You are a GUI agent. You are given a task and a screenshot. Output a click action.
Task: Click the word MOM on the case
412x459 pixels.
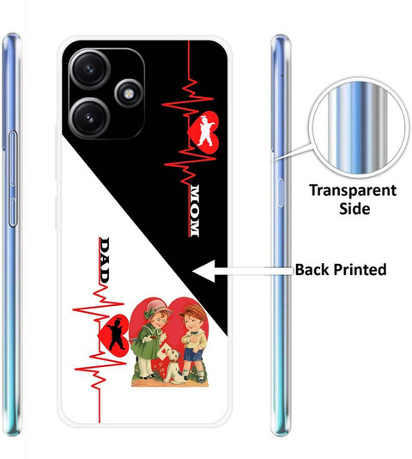tap(194, 211)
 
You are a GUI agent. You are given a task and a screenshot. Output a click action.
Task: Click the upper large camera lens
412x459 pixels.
tap(90, 70)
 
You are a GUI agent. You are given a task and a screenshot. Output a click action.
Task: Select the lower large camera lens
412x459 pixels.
tap(90, 118)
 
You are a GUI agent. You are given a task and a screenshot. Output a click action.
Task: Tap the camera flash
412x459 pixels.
tap(128, 94)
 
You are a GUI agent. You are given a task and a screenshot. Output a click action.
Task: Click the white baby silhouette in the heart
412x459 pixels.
tap(206, 131)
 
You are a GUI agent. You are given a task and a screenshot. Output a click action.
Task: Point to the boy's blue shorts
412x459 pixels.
tap(194, 354)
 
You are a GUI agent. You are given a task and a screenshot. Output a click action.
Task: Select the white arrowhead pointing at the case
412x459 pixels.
tap(203, 271)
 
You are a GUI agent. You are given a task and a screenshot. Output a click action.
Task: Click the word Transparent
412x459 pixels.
tap(353, 191)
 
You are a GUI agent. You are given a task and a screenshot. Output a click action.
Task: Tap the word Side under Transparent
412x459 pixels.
tap(354, 209)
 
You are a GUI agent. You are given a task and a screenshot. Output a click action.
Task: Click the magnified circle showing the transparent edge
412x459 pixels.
tap(359, 127)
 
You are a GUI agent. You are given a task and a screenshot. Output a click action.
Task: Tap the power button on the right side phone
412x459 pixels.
tap(280, 193)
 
